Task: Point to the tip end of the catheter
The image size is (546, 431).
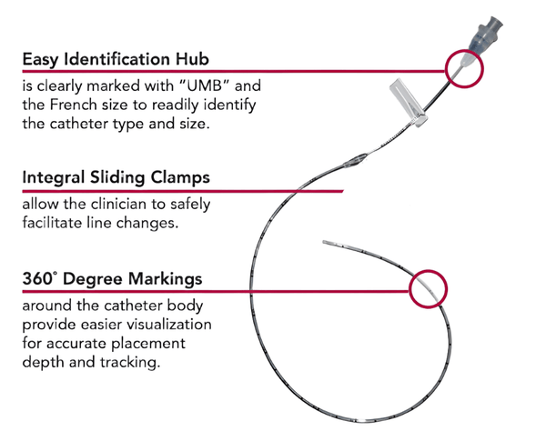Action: pos(329,243)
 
